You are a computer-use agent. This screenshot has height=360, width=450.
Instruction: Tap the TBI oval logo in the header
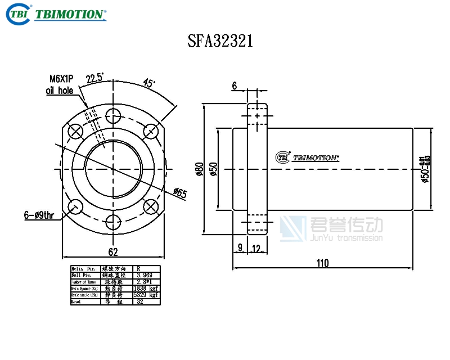pos(17,14)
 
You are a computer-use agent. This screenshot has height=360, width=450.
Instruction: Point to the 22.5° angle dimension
pos(94,79)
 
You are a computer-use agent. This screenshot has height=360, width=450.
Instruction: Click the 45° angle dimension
pos(149,83)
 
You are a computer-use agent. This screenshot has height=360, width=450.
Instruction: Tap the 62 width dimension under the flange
pos(113,251)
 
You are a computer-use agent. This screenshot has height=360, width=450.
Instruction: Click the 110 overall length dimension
pos(322,263)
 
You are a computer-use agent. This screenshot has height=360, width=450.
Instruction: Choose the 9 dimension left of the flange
pos(240,247)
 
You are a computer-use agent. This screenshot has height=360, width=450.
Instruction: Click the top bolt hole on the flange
pos(114,116)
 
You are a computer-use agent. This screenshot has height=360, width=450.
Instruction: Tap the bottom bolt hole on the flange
pos(114,221)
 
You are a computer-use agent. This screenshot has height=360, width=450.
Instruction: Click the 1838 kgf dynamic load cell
pos(146,289)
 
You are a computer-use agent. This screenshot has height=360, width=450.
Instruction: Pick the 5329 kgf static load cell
pos(146,295)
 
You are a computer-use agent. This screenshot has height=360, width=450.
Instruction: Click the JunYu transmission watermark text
pos(346,238)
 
